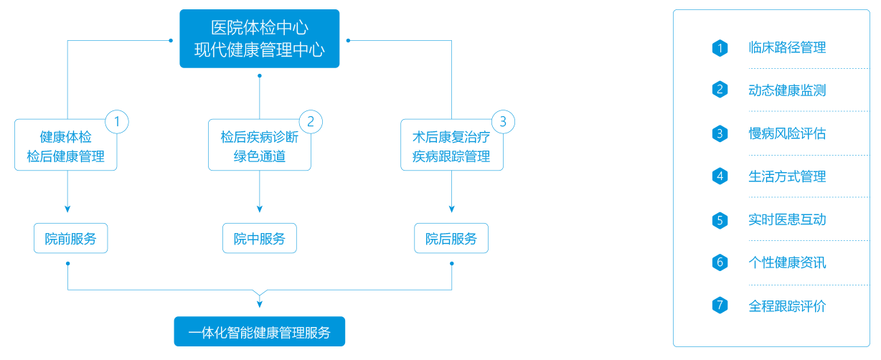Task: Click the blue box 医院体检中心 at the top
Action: (260, 39)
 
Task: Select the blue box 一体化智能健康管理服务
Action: (260, 332)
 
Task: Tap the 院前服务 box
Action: (71, 238)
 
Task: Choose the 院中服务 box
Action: (260, 238)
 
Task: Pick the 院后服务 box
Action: (451, 238)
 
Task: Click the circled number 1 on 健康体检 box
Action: (117, 122)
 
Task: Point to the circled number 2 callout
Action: (311, 122)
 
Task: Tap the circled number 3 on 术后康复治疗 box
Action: (503, 122)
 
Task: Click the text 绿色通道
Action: (260, 156)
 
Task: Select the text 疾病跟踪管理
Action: (451, 156)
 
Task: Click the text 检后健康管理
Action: (66, 156)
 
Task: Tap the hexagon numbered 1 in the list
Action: (720, 48)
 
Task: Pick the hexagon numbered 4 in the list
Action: (720, 176)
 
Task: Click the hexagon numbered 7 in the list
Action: (720, 305)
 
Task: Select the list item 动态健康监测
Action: (787, 90)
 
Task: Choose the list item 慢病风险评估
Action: (787, 133)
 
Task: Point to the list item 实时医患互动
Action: (787, 219)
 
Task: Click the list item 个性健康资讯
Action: (787, 262)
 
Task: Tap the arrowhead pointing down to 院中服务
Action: (260, 209)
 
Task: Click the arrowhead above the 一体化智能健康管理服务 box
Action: (260, 304)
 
